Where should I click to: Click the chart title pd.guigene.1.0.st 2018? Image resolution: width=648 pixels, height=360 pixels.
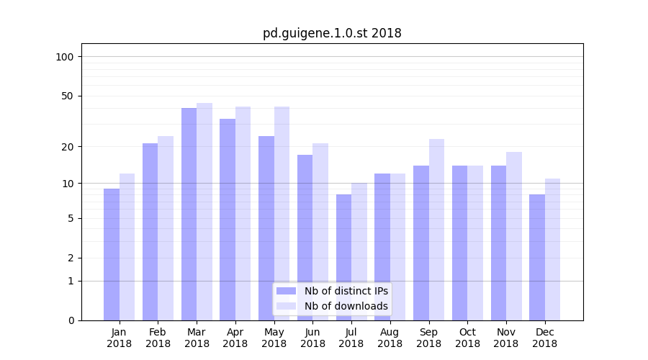[x=331, y=33]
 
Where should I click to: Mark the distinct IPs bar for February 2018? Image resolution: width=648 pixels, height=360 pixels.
[x=150, y=231]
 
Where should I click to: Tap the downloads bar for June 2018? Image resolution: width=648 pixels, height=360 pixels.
[x=320, y=231]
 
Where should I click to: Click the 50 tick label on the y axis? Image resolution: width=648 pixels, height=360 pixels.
[x=68, y=96]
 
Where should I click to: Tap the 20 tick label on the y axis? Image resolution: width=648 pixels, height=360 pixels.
[x=68, y=147]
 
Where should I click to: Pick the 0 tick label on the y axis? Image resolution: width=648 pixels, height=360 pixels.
[x=71, y=320]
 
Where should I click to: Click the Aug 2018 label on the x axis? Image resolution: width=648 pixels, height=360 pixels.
[x=390, y=338]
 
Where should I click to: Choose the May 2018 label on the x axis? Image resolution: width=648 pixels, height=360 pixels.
[x=274, y=338]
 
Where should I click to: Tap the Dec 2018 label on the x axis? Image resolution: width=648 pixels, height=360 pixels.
[x=545, y=338]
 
